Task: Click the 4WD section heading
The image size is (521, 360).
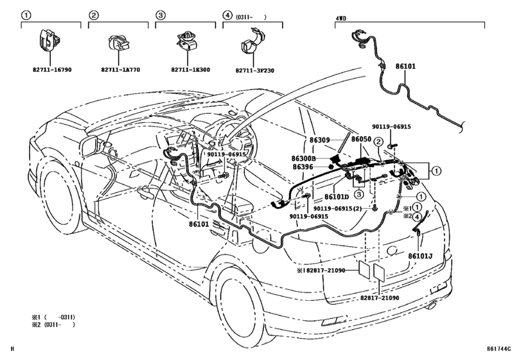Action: [341, 18]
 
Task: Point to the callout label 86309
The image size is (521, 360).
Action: [319, 140]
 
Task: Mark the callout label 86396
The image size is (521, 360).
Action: [303, 167]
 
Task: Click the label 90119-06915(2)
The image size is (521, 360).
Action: [346, 208]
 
